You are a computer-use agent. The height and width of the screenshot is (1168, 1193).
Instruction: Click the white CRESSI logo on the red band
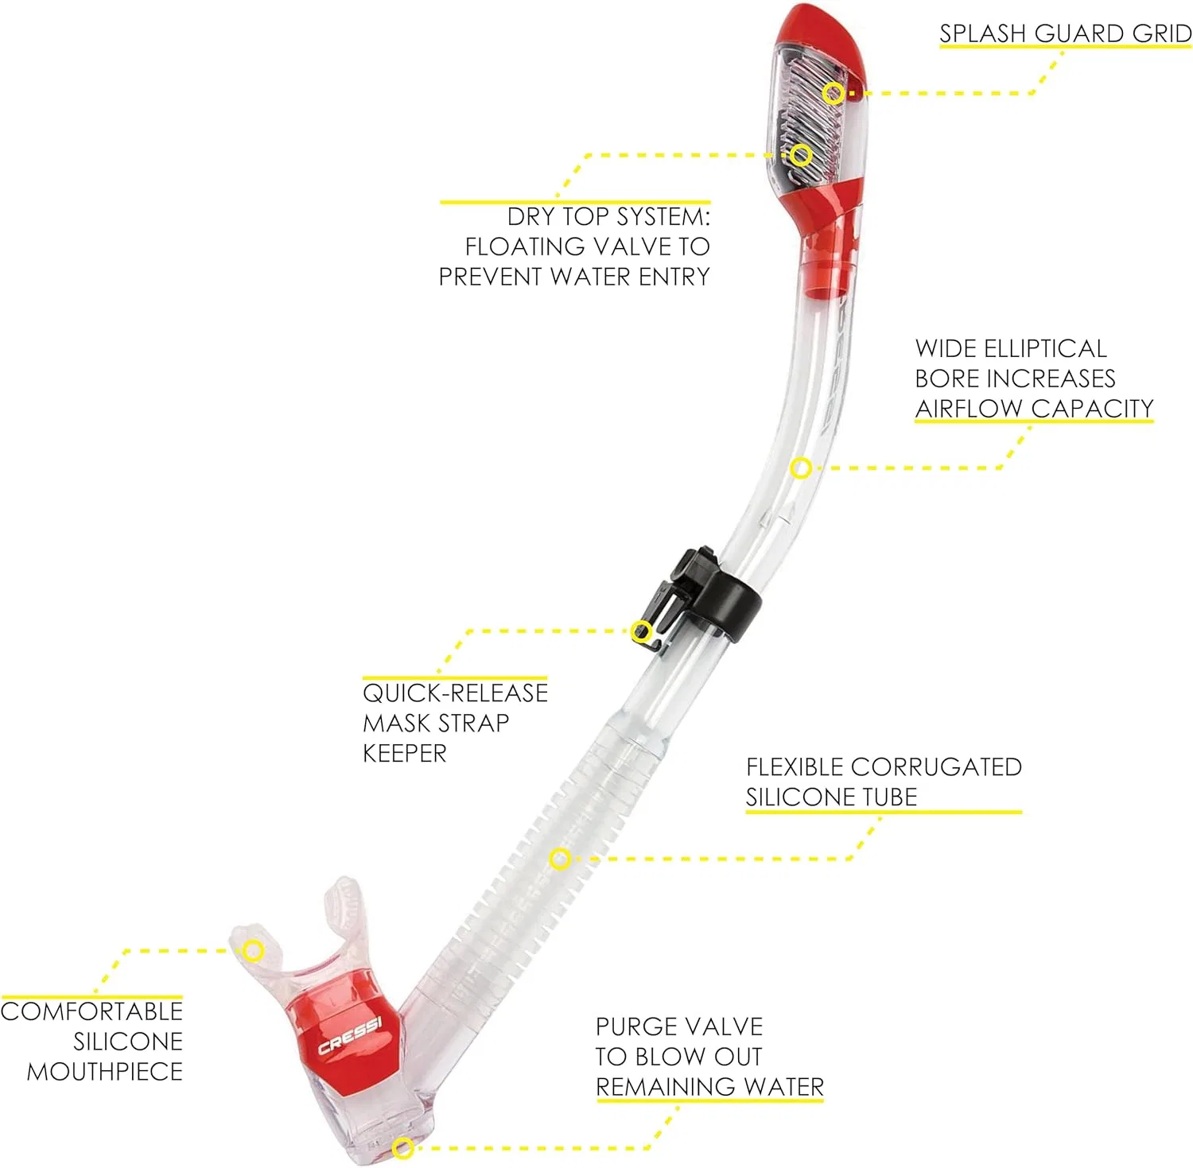pyautogui.click(x=350, y=1036)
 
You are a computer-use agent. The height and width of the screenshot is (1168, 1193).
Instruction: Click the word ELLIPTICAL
pyautogui.click(x=1045, y=348)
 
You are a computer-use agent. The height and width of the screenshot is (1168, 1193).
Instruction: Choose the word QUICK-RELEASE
pyautogui.click(x=456, y=693)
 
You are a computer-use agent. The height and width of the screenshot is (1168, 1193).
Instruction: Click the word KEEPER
pyautogui.click(x=405, y=753)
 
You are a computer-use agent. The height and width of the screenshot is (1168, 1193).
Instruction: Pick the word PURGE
pyautogui.click(x=631, y=1026)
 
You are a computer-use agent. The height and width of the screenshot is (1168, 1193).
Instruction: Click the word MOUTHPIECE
pyautogui.click(x=105, y=1072)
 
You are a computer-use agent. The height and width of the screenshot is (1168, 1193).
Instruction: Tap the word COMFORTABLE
pyautogui.click(x=91, y=1011)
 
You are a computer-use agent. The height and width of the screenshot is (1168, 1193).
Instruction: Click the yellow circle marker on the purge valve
pyautogui.click(x=403, y=1147)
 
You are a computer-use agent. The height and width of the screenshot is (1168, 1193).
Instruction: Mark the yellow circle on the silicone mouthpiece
pyautogui.click(x=253, y=951)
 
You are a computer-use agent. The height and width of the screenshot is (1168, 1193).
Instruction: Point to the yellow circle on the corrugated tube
pyautogui.click(x=560, y=859)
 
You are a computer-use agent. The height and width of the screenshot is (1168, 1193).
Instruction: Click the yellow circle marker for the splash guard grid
pyautogui.click(x=833, y=93)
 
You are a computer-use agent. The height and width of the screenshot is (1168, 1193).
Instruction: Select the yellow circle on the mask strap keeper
pyautogui.click(x=642, y=632)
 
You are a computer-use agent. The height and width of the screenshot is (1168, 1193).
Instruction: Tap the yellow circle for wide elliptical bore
pyautogui.click(x=801, y=468)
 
